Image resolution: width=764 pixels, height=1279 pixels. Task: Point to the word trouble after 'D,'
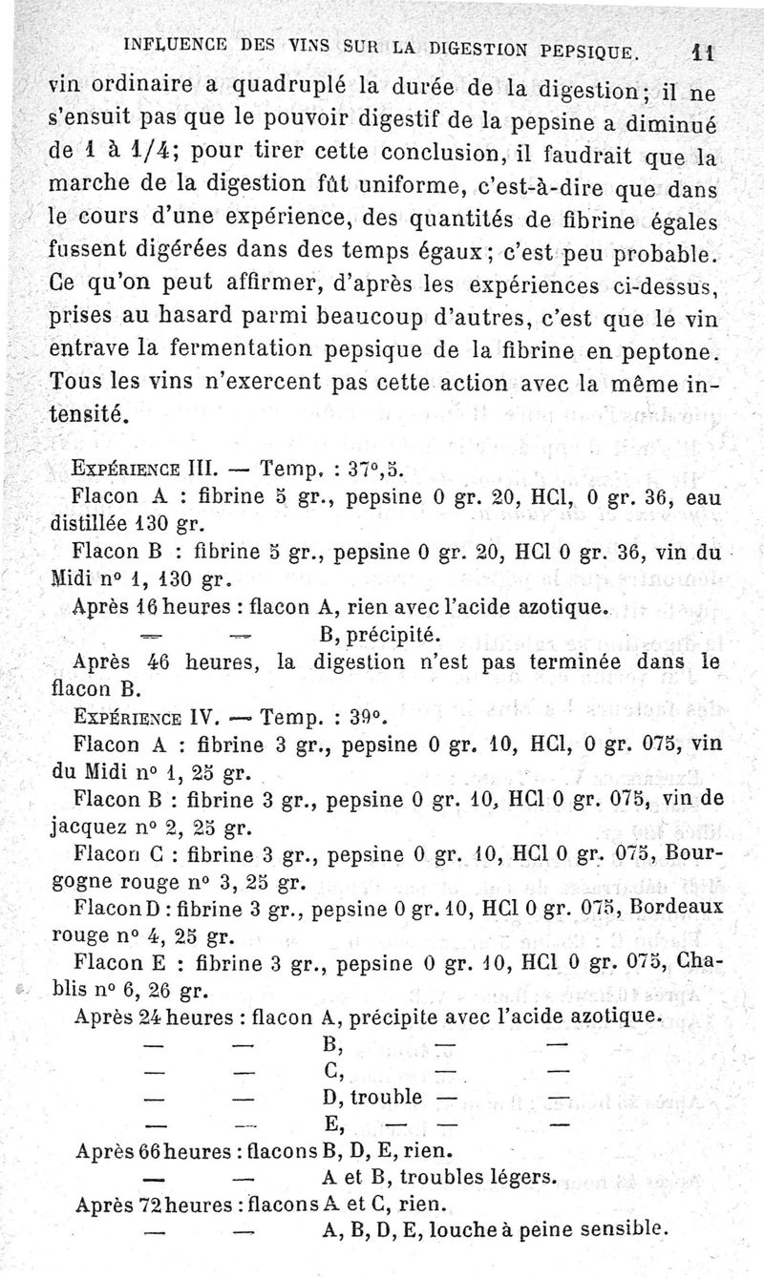click(387, 1097)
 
